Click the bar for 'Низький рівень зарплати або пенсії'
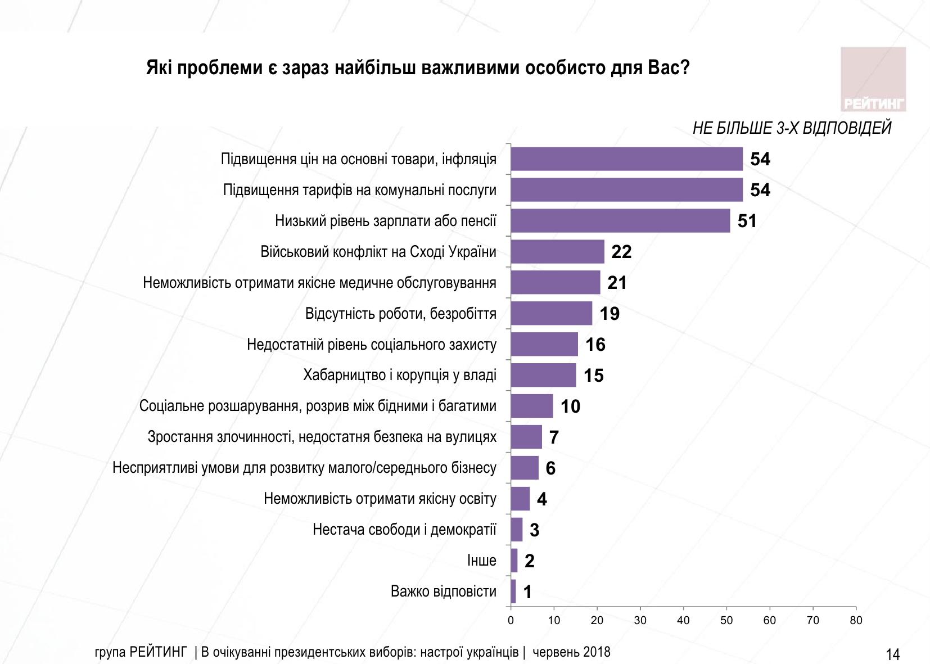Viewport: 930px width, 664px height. coord(620,221)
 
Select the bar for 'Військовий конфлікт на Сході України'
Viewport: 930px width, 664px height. coord(557,252)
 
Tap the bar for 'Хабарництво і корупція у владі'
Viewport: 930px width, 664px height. coord(543,376)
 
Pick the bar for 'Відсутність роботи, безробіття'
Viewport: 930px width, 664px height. coord(551,314)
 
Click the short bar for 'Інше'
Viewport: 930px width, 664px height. coord(514,561)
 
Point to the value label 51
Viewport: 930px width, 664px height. coord(747,221)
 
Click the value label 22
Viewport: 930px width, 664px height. coord(621,252)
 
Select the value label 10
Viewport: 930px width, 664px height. coord(570,406)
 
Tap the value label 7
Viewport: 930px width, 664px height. coord(554,437)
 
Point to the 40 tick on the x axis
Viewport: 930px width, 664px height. coord(683,620)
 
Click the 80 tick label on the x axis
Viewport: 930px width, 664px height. coord(856,620)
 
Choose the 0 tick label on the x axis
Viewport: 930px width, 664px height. coord(511,620)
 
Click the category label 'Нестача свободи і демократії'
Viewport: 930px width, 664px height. coord(404,530)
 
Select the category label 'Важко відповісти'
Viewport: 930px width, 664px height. coord(443,591)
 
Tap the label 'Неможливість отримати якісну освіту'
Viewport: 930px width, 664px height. coord(380,499)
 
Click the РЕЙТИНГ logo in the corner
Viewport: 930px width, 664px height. coord(873,79)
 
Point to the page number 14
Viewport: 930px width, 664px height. coord(892,654)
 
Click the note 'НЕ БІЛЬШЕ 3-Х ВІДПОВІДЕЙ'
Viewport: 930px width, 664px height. coord(792,128)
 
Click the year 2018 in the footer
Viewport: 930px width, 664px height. coord(597,652)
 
